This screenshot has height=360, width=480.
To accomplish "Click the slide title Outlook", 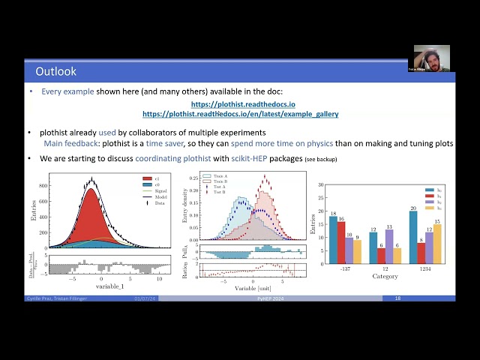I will click(x=55, y=71).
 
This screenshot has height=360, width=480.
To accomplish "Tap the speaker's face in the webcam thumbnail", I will click(x=433, y=58).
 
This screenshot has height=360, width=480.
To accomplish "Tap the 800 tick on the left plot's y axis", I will click(x=43, y=185).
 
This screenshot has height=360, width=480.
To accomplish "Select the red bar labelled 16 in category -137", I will click(x=342, y=242).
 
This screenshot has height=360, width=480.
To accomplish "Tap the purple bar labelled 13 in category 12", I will click(x=388, y=247).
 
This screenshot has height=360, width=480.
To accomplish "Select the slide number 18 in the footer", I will click(x=397, y=298).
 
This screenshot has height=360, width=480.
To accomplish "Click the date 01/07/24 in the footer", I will click(x=145, y=298).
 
